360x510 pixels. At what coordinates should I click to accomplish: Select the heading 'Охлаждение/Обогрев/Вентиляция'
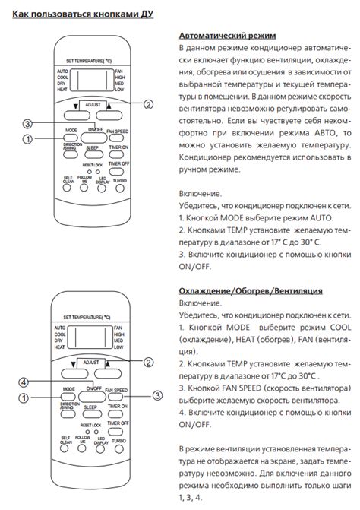click(250, 290)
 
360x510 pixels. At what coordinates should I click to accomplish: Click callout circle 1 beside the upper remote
click(27, 138)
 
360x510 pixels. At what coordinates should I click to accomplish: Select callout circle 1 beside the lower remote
click(24, 396)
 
